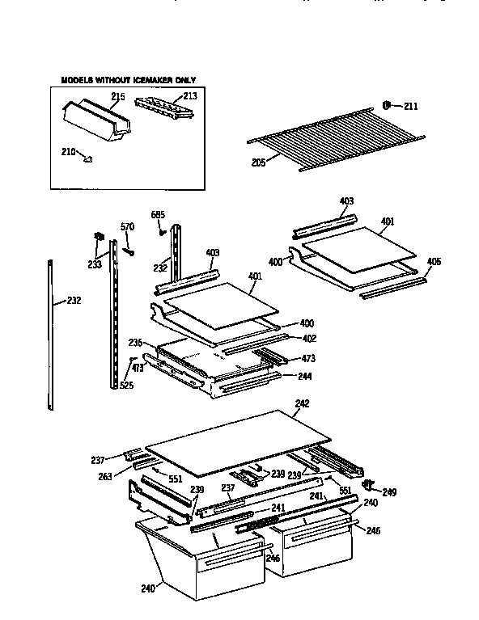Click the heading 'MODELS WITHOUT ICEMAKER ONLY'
click(x=129, y=80)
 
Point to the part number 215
click(x=117, y=99)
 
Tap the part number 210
click(x=68, y=151)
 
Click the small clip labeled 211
click(x=387, y=105)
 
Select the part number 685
click(x=158, y=215)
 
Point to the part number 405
click(x=434, y=262)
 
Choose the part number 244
click(x=304, y=376)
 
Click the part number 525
click(x=126, y=386)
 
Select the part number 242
click(x=302, y=403)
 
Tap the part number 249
click(x=389, y=491)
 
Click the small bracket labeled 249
click(x=370, y=485)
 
